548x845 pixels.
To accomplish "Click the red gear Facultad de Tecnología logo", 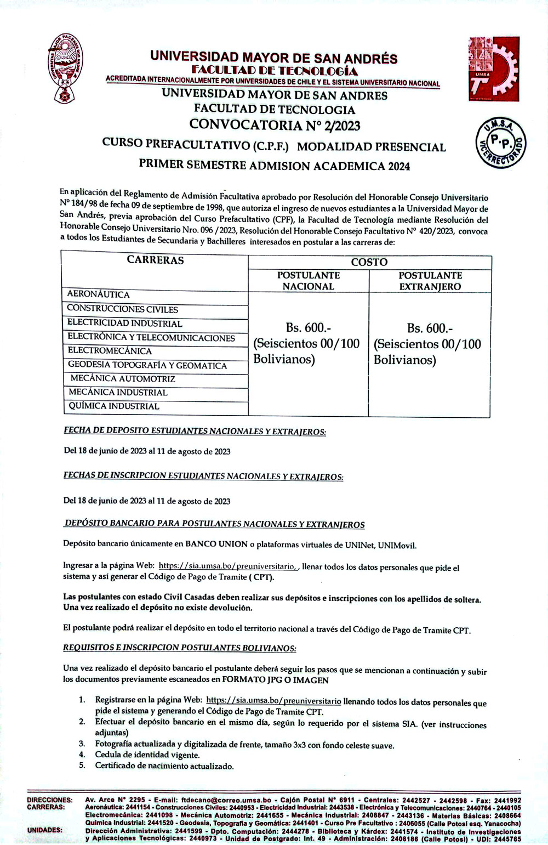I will click(x=493, y=69).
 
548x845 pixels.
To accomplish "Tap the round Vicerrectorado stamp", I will click(x=500, y=144).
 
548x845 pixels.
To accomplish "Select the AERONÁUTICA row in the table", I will click(x=99, y=294).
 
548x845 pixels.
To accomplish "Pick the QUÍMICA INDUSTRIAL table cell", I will click(x=114, y=406).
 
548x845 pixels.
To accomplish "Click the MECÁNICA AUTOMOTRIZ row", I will click(x=123, y=379).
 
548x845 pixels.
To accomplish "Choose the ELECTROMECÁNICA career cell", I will click(x=110, y=351).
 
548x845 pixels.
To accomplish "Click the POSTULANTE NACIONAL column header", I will click(x=308, y=281).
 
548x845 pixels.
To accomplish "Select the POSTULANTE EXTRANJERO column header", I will click(x=430, y=281).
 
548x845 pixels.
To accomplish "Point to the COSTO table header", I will click(x=369, y=262).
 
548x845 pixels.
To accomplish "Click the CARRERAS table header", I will click(x=156, y=260).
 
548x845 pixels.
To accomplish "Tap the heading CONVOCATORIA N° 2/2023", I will click(x=275, y=125).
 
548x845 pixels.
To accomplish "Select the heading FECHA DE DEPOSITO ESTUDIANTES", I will click(x=195, y=432).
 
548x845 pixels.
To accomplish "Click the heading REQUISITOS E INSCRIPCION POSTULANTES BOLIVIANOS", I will click(x=180, y=648).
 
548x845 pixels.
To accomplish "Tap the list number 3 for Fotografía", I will click(x=82, y=744).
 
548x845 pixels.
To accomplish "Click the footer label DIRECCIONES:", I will click(x=49, y=800).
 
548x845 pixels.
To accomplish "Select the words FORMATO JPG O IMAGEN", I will click(x=275, y=680).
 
